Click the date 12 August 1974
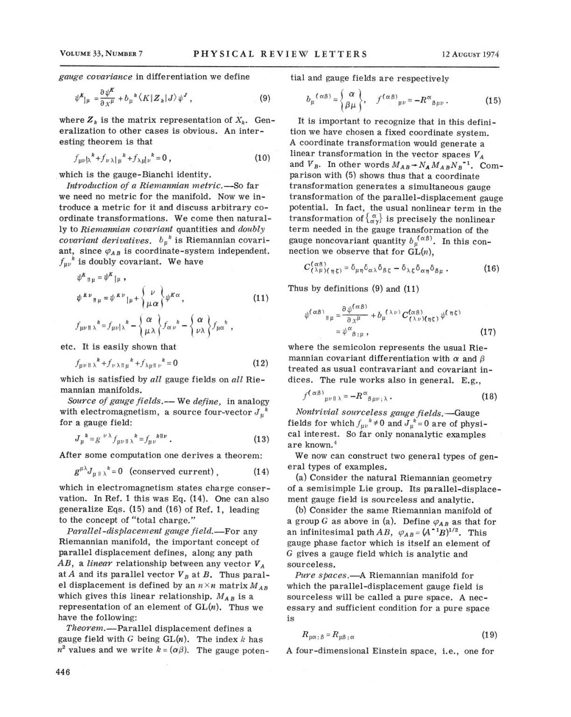(x=471, y=54)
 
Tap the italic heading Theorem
(x=83, y=628)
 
